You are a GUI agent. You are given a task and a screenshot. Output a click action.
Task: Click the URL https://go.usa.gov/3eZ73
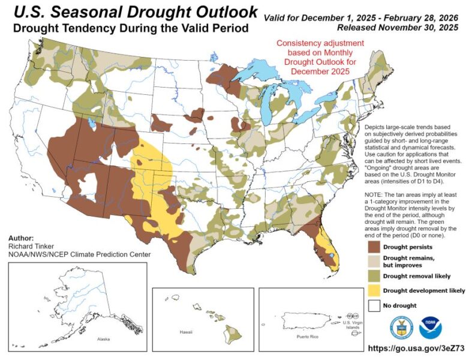(414, 348)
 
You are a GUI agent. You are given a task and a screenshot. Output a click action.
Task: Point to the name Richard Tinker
(33, 246)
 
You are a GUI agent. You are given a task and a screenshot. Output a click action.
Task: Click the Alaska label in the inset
(103, 339)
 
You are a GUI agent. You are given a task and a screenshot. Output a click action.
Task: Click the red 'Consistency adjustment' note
(320, 57)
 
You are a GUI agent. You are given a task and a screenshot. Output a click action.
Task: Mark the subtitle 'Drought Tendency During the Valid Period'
(128, 28)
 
